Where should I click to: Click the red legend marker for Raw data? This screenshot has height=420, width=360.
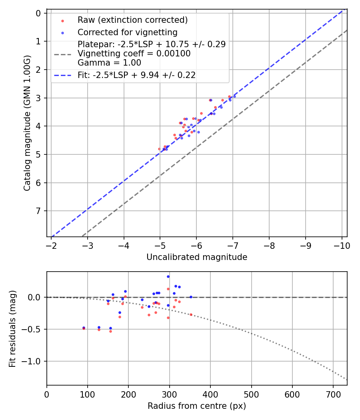(x=62, y=20)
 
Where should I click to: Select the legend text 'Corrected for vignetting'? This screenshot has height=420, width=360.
(x=127, y=32)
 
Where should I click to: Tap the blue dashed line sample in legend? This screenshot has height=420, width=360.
(x=62, y=75)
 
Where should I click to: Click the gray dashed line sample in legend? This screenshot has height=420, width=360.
(x=62, y=54)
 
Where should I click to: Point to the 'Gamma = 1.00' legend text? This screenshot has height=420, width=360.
(x=109, y=63)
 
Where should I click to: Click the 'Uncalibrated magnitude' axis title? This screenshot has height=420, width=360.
(x=197, y=257)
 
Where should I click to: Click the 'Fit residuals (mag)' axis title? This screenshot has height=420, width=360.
(x=12, y=328)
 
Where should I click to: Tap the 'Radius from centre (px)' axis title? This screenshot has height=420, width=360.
(x=197, y=406)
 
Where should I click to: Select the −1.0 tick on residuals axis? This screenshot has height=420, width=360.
(x=34, y=361)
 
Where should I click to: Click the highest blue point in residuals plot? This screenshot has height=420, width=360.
(x=168, y=276)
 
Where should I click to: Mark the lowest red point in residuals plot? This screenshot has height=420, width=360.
(x=110, y=331)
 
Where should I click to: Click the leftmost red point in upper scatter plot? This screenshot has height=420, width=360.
(x=159, y=149)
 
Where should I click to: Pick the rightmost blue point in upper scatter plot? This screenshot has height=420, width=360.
(x=234, y=96)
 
